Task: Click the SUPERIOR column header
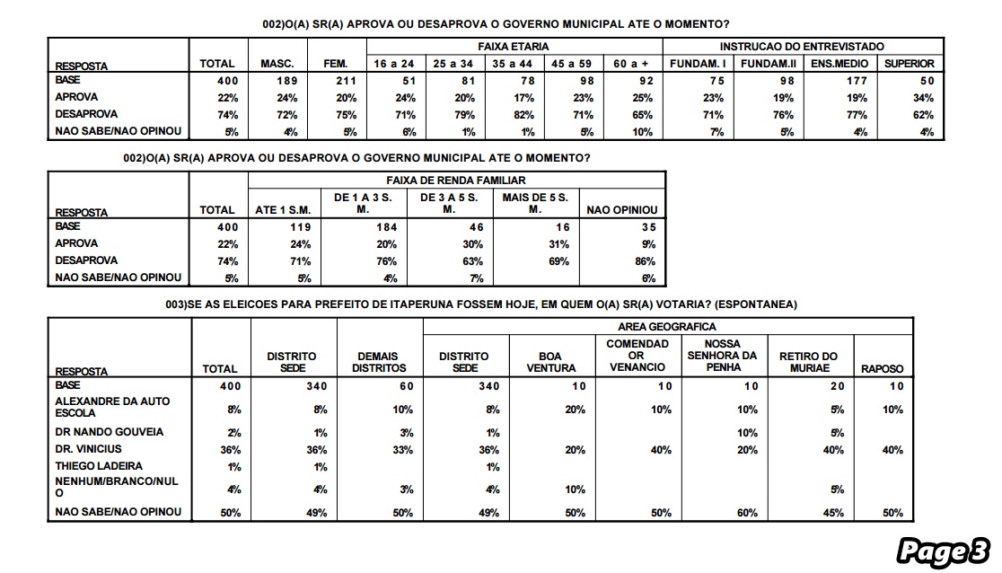(x=909, y=64)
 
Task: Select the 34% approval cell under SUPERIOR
(x=923, y=98)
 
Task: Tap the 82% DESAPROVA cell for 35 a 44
(x=524, y=115)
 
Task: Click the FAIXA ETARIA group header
(x=514, y=47)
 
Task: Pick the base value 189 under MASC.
(x=287, y=81)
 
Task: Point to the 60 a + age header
(x=630, y=64)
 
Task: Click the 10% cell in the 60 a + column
(x=642, y=132)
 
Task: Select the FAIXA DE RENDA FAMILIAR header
(x=456, y=181)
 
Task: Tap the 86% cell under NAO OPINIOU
(x=645, y=261)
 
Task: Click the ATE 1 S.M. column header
(x=283, y=210)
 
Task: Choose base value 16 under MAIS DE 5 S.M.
(x=562, y=227)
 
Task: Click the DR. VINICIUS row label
(x=88, y=449)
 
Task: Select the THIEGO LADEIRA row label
(x=99, y=466)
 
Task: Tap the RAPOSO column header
(x=882, y=369)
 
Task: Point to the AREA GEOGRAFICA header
(x=666, y=327)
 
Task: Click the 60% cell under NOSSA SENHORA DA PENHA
(x=747, y=513)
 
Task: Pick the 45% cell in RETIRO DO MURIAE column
(x=833, y=513)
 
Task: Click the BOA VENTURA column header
(x=551, y=362)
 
